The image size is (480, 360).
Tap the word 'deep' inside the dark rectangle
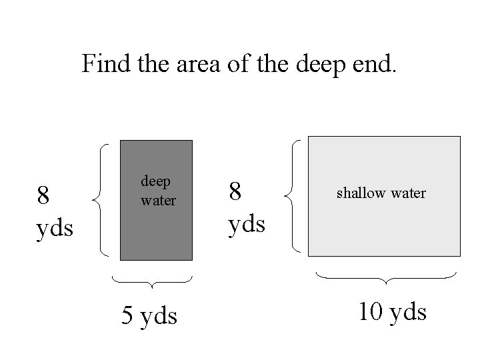click(x=155, y=181)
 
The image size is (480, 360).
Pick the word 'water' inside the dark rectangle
click(x=158, y=199)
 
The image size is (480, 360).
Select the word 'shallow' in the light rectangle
click(x=360, y=193)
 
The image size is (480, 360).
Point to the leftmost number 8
click(x=43, y=196)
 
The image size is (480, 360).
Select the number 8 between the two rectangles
click(x=235, y=192)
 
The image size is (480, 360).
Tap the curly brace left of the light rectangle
click(x=293, y=195)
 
